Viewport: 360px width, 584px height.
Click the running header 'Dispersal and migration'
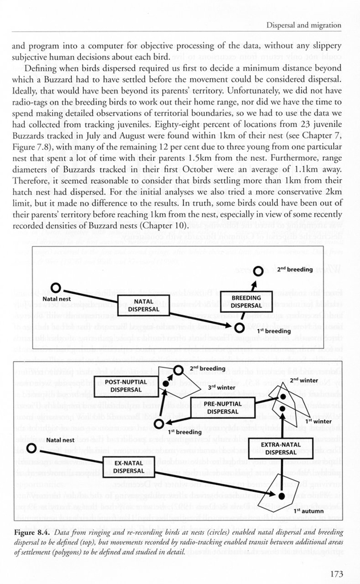tap(304, 25)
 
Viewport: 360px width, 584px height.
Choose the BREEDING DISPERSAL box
tap(246, 301)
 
